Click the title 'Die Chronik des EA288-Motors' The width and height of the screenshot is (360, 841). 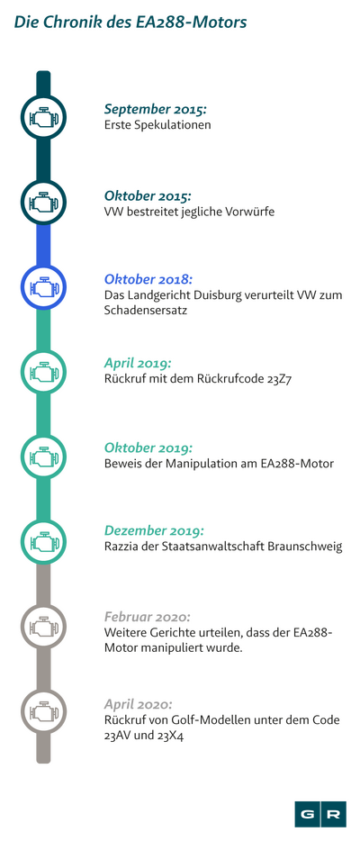coord(130,23)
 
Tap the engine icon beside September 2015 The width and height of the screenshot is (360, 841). coord(43,117)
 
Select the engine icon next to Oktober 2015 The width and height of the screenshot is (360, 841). coord(43,203)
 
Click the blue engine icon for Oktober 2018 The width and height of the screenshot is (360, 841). coord(43,287)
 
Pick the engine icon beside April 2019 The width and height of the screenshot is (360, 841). coord(43,372)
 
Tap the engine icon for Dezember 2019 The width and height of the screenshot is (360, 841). coord(43,541)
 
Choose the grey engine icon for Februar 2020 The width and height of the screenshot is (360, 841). coord(43,626)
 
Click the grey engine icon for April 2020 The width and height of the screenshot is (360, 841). coord(43,710)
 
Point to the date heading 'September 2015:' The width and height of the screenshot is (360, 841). coord(156,110)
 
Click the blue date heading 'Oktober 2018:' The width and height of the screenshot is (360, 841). coord(148,279)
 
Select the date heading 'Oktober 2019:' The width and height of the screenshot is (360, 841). coord(148,448)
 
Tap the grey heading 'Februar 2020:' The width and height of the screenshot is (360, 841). coord(148,617)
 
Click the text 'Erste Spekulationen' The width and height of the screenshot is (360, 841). coord(157,125)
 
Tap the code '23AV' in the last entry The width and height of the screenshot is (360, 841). coord(117,737)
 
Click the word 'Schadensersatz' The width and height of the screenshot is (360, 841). coord(146,310)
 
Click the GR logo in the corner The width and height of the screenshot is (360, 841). coord(320,814)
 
